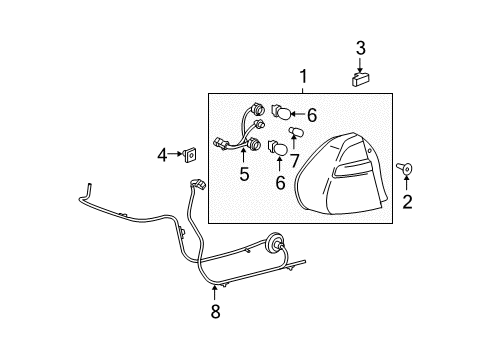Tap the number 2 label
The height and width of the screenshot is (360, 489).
407,204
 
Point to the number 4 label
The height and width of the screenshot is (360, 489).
162,154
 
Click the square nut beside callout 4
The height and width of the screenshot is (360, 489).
190,154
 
